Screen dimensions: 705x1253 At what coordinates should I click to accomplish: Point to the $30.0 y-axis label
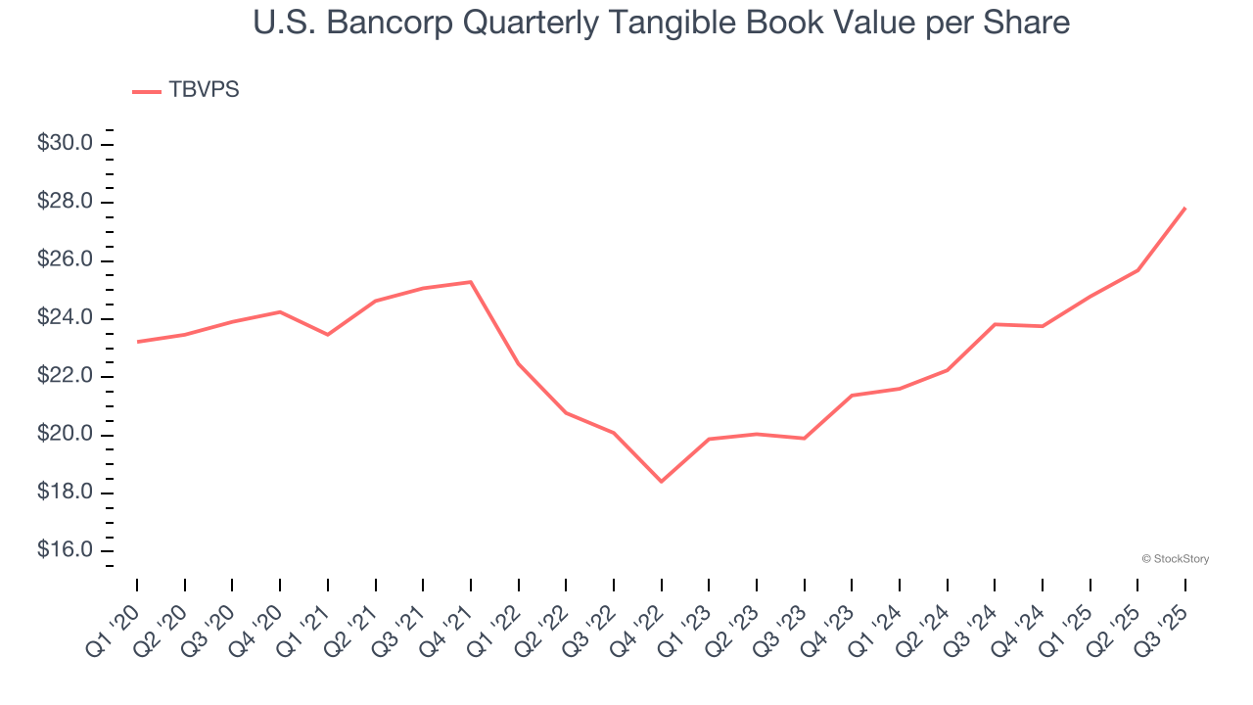pyautogui.click(x=65, y=144)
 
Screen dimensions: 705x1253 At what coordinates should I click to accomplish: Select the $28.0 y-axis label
pyautogui.click(x=65, y=203)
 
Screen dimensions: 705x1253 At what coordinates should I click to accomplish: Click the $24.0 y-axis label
pyautogui.click(x=65, y=318)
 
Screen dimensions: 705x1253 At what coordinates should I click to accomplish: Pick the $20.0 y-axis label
pyautogui.click(x=65, y=435)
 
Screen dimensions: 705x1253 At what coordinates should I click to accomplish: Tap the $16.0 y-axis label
pyautogui.click(x=65, y=550)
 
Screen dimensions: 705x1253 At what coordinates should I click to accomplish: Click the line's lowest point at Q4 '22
pyautogui.click(x=662, y=482)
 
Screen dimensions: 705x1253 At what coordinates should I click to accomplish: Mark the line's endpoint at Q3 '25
pyautogui.click(x=1185, y=208)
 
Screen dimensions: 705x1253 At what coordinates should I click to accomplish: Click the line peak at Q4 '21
pyautogui.click(x=471, y=282)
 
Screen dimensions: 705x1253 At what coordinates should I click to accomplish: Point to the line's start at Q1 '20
pyautogui.click(x=137, y=342)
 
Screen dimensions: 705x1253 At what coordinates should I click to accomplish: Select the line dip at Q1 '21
pyautogui.click(x=328, y=335)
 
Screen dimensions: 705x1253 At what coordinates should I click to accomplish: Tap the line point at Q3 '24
pyautogui.click(x=995, y=324)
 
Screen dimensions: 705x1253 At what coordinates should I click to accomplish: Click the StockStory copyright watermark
pyautogui.click(x=1175, y=559)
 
